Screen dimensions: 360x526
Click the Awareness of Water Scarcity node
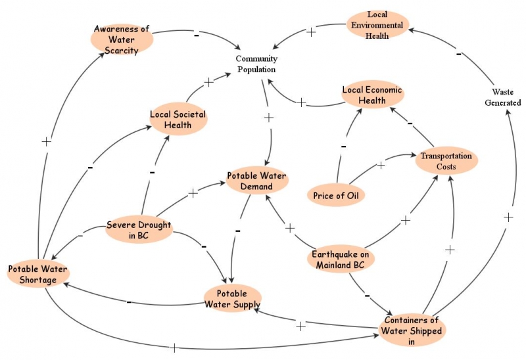(122, 39)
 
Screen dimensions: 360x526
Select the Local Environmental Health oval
(377, 24)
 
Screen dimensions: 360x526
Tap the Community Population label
(256, 64)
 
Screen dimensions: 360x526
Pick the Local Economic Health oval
(372, 95)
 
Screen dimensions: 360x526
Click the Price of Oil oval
(336, 195)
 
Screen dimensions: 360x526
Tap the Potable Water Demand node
(257, 181)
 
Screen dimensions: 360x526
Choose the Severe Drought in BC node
(138, 231)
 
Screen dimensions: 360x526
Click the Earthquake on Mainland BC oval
(341, 261)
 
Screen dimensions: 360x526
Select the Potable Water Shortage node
(37, 275)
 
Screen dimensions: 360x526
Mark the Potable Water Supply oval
(233, 299)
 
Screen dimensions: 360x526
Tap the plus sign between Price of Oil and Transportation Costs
(381, 165)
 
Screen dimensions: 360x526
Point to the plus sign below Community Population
(268, 117)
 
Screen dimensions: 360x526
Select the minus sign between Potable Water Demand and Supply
(237, 231)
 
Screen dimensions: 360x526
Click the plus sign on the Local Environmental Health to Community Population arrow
(311, 31)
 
